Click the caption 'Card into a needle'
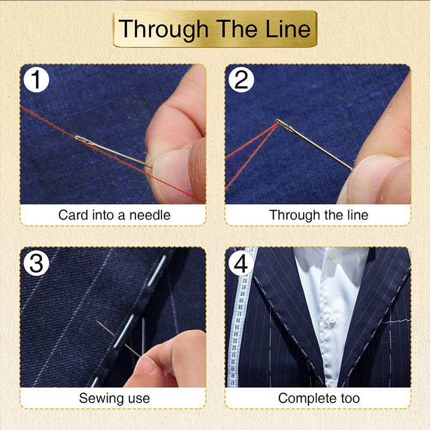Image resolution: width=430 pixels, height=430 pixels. pos(114,215)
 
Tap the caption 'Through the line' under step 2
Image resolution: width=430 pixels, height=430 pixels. pos(318,215)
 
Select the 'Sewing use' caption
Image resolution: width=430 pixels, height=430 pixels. pos(114,398)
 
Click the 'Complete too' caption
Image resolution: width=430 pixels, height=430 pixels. pos(318,398)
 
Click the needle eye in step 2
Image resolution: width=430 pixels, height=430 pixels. pos(281,124)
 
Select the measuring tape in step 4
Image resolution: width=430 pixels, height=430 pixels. pos(236,333)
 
